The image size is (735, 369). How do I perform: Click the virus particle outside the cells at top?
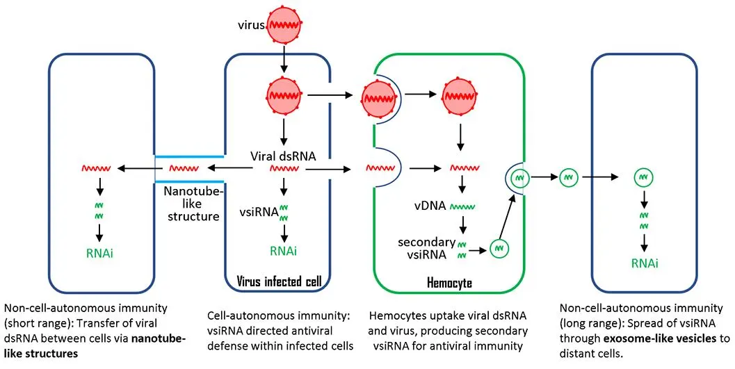click(x=284, y=25)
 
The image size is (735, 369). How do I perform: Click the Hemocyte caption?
click(x=448, y=282)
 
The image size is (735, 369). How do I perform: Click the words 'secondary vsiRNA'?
click(x=426, y=249)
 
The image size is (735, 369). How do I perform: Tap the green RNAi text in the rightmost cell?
click(x=645, y=263)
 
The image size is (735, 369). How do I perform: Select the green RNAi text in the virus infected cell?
click(x=284, y=251)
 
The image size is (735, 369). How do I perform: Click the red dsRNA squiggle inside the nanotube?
click(x=182, y=168)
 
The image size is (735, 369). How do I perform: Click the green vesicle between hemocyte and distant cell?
click(x=569, y=177)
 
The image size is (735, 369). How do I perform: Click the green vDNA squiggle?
click(x=464, y=206)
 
